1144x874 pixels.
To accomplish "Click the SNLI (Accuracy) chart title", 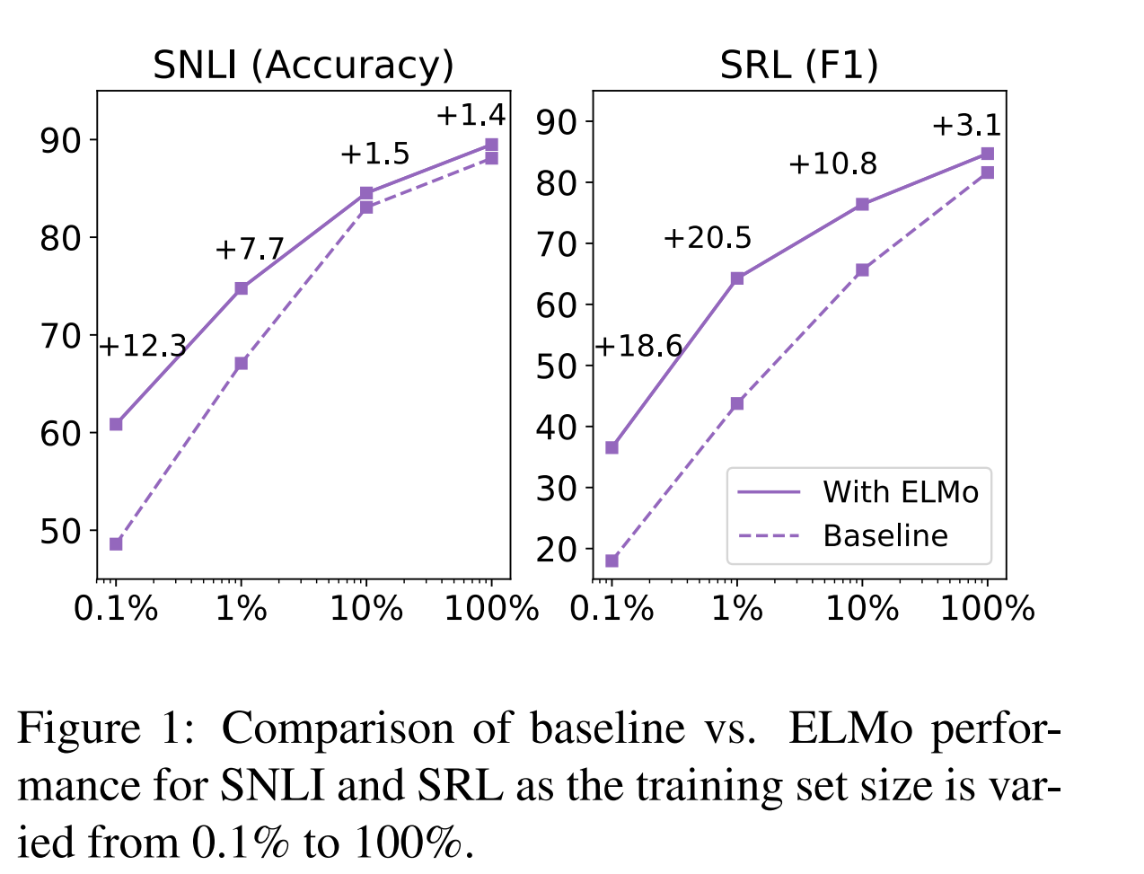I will click(x=303, y=66).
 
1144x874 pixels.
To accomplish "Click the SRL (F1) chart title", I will click(x=798, y=66).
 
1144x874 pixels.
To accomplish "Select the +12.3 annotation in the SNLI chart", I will click(x=143, y=346).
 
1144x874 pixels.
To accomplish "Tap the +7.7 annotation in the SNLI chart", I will click(x=250, y=249).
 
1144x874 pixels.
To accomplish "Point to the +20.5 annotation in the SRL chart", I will click(x=708, y=238).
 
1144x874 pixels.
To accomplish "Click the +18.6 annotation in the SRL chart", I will click(x=638, y=346).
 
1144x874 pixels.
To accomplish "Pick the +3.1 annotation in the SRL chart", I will click(x=966, y=126).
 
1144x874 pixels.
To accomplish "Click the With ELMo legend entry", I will click(x=900, y=492).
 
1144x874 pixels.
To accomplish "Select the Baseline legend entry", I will click(x=885, y=536).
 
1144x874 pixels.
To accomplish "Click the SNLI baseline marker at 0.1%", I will click(x=116, y=543).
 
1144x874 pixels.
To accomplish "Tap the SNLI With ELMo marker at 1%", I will click(x=242, y=288).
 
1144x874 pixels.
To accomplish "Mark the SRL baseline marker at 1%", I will click(x=737, y=403).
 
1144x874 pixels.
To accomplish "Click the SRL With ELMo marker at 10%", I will click(x=862, y=204).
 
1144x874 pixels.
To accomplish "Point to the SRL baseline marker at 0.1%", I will click(x=612, y=561).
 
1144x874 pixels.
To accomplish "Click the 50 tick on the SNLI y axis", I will click(x=59, y=531).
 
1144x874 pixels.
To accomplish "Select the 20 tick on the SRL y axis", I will click(x=555, y=549).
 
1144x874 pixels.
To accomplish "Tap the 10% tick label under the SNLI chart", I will click(x=366, y=609).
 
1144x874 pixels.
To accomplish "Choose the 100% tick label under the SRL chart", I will click(x=988, y=609).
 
